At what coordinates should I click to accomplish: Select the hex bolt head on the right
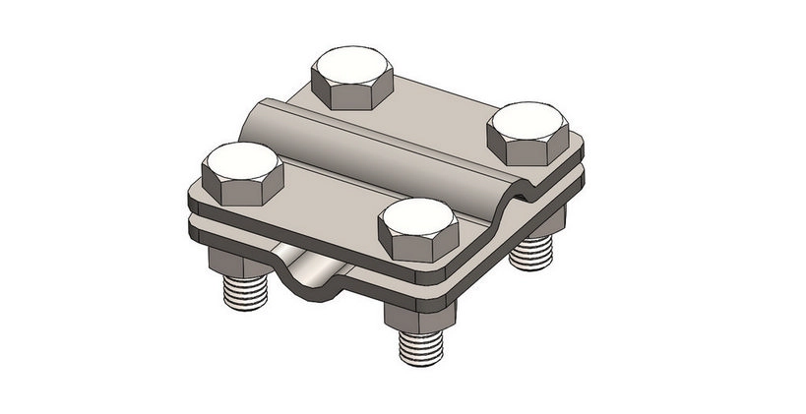coord(531,133)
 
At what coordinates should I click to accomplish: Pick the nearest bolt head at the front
coord(417,227)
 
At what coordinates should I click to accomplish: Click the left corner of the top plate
coord(193,197)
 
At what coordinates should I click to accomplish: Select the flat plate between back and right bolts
coord(443,108)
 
